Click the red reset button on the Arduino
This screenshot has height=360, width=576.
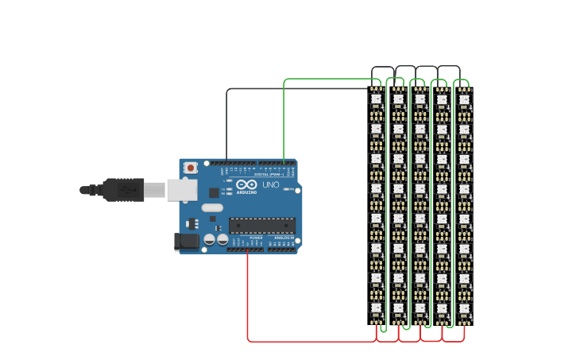191,168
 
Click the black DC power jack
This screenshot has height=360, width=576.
187,241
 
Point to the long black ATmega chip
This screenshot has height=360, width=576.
261,226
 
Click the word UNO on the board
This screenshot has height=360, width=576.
270,185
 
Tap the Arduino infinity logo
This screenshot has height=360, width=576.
245,184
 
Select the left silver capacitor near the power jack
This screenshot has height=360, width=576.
210,239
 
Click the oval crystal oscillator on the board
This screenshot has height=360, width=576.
212,208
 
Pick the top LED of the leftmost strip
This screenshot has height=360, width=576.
377,100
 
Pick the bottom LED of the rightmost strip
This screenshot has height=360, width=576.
464,308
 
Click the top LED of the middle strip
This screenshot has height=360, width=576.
420,100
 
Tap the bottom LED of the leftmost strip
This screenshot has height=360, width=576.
377,308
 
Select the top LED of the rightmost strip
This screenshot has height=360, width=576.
464,100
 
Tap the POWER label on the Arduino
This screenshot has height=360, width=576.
256,237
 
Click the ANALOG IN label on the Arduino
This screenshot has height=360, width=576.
283,237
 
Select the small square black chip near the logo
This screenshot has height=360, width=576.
214,192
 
